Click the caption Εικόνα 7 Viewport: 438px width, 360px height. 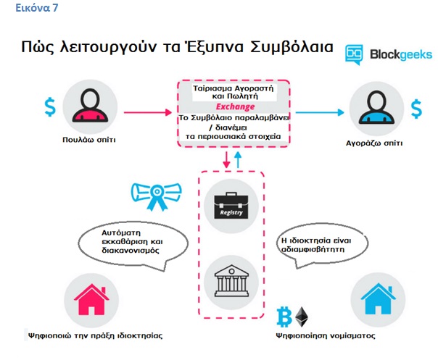(36, 7)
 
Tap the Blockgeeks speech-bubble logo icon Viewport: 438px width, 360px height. (354, 54)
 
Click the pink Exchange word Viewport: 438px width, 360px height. (235, 106)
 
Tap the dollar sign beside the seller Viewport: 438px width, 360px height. (50, 106)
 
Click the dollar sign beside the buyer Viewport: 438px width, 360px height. (416, 109)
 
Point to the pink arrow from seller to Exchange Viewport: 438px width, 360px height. (148, 112)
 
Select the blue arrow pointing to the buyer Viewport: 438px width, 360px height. (320, 112)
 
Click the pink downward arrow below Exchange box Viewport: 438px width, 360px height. (226, 160)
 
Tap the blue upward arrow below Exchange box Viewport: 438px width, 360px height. (238, 160)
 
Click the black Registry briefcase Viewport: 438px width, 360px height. (231, 206)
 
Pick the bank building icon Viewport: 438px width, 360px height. (231, 280)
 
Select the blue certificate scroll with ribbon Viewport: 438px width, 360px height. (156, 196)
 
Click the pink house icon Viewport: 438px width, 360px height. (91, 299)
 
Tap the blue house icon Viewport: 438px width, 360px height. (379, 298)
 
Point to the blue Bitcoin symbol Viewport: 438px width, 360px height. (284, 317)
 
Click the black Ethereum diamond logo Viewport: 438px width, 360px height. (302, 317)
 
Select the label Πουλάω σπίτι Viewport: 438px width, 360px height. (88, 140)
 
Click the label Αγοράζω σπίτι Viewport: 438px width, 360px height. (374, 143)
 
